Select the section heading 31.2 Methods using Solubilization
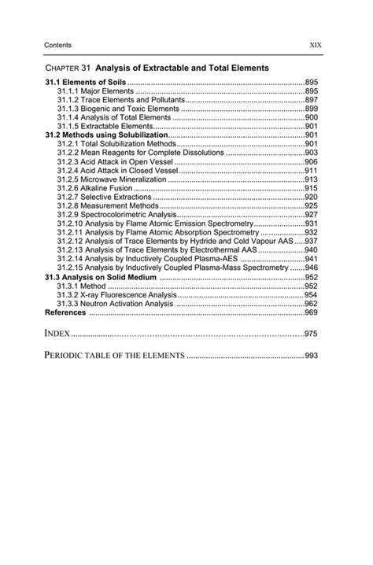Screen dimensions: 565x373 click(x=106, y=135)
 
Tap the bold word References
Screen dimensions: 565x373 click(x=66, y=312)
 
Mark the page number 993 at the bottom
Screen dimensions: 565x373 click(x=311, y=356)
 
